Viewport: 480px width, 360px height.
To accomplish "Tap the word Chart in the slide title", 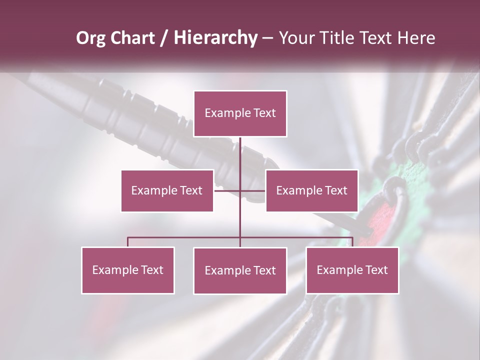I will tap(134, 38).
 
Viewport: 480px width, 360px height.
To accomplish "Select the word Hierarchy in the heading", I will tap(215, 38).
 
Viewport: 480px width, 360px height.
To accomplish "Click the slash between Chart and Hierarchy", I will tap(164, 38).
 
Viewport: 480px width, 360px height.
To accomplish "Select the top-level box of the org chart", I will tap(240, 113).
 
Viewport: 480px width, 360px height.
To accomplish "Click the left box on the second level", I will tap(167, 190).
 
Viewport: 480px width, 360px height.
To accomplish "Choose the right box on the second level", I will tap(311, 190).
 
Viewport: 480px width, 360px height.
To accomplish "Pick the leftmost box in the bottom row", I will tap(127, 270).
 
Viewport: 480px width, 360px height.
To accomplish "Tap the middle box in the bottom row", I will tap(240, 270).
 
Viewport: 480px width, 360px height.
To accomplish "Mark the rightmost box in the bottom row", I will tap(352, 270).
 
